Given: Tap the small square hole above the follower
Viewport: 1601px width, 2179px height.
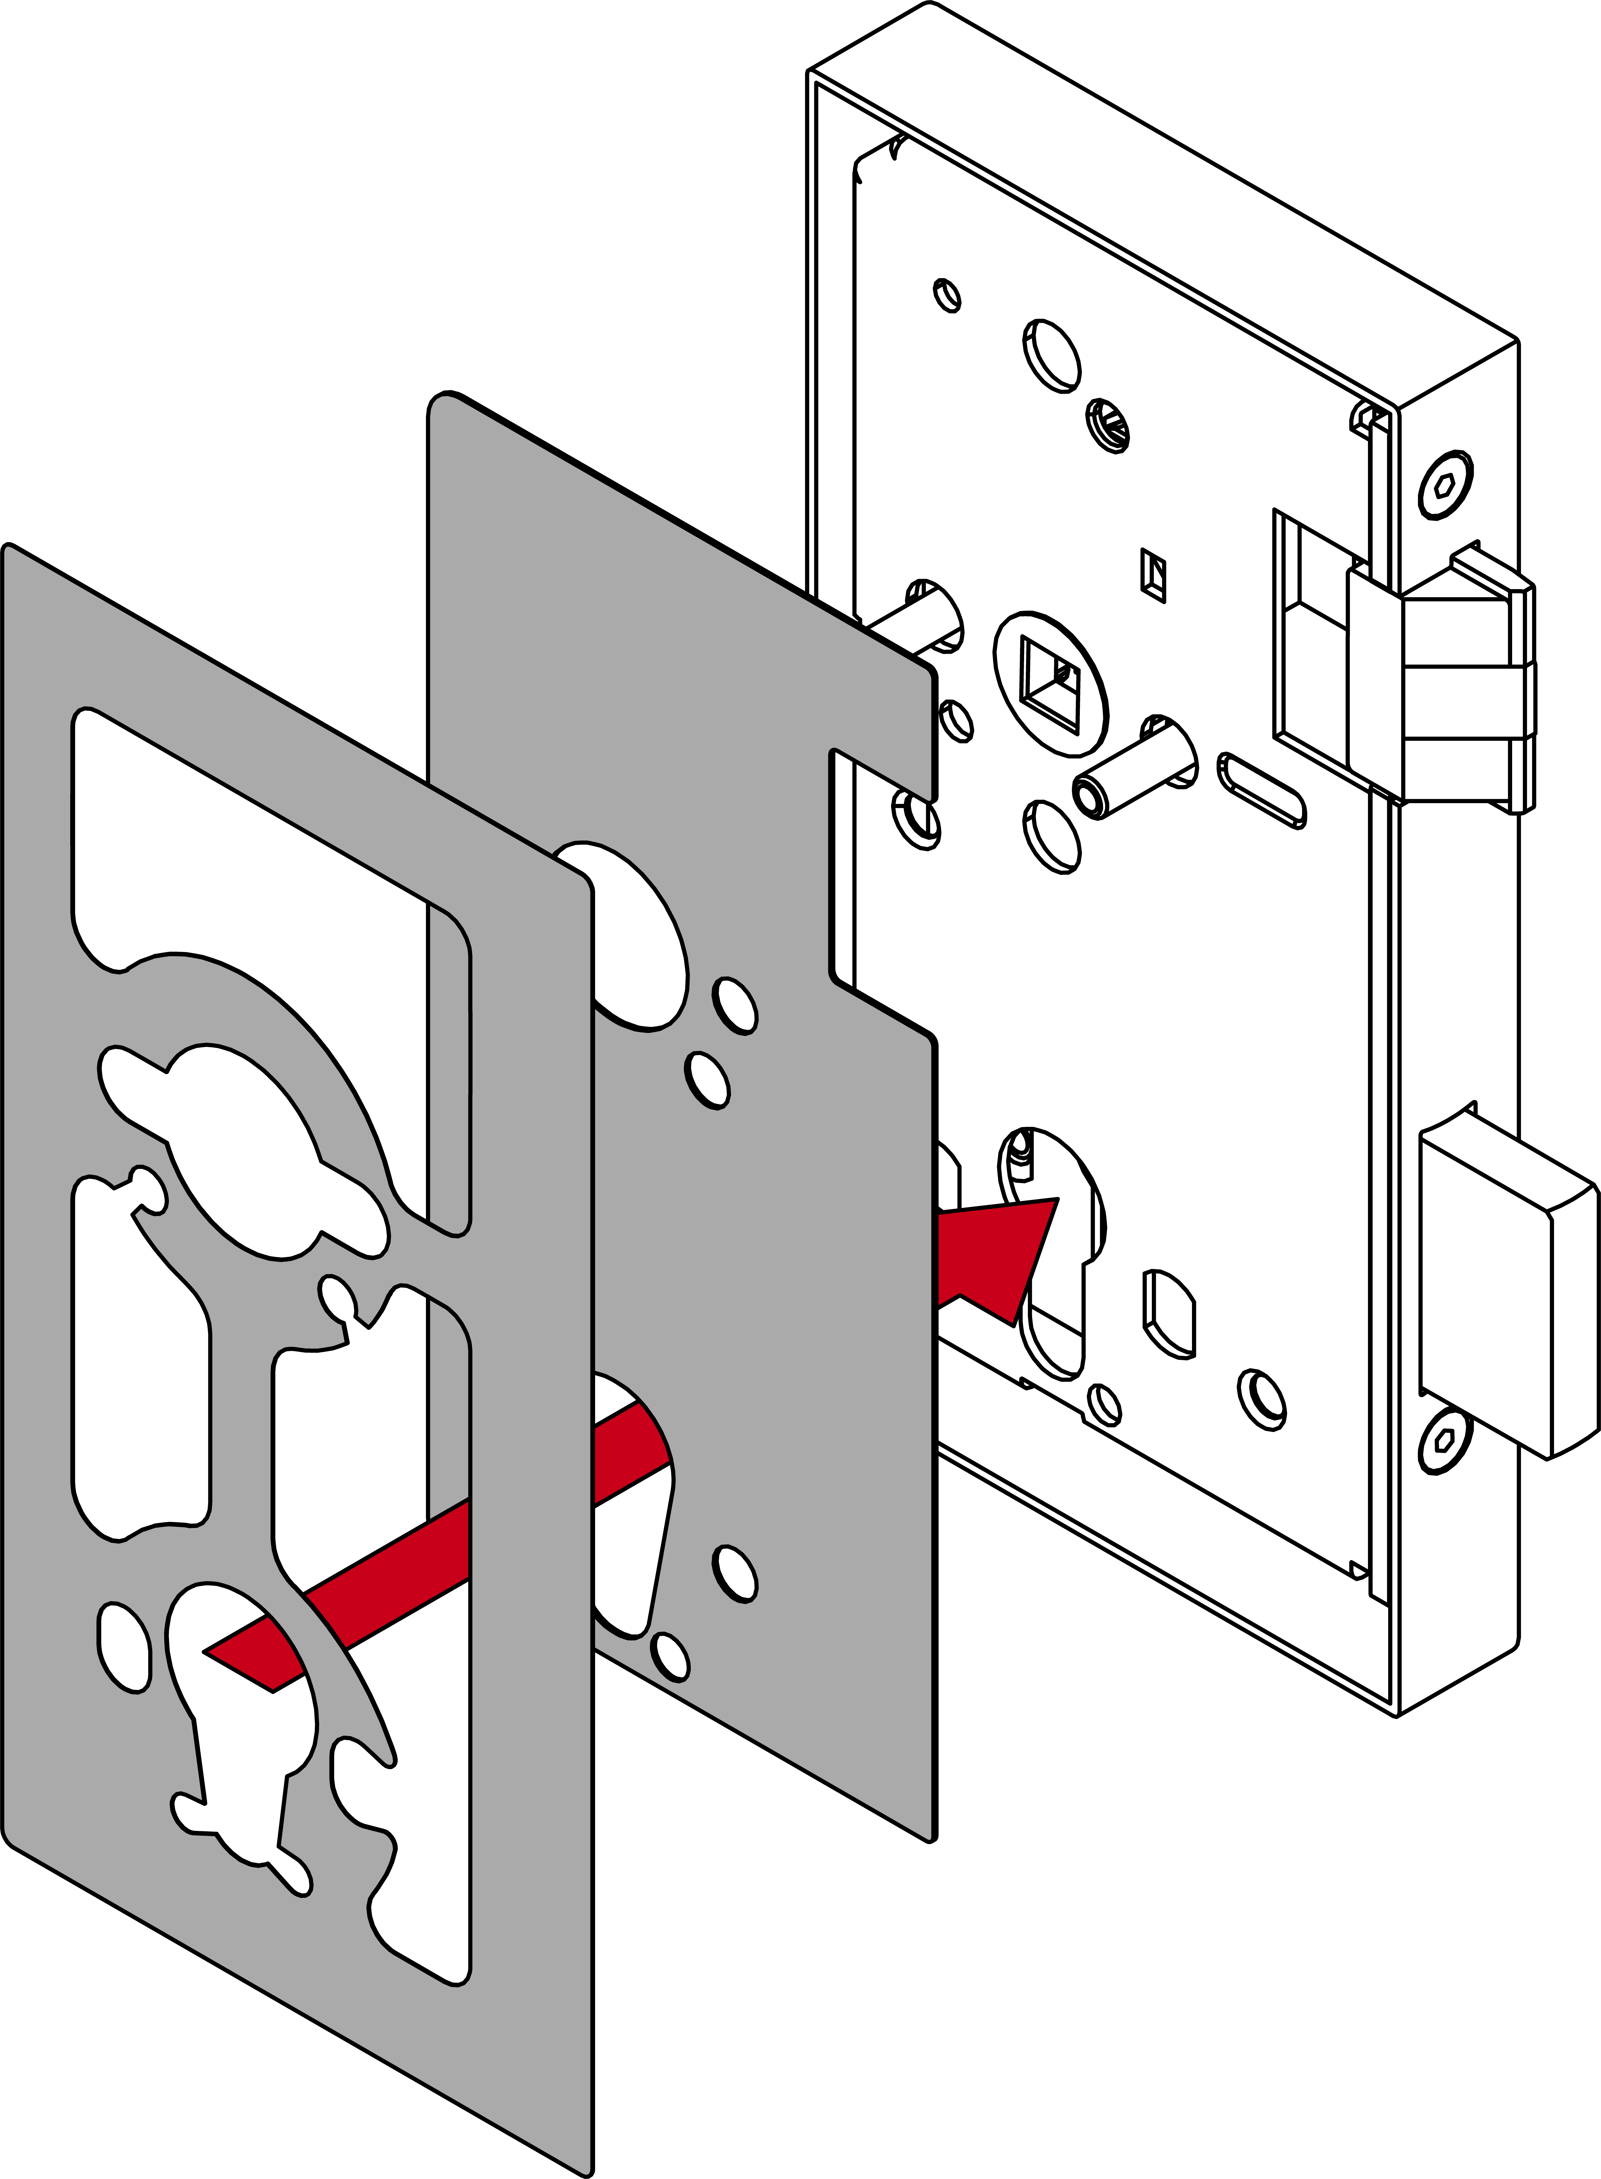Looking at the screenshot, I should point(1153,574).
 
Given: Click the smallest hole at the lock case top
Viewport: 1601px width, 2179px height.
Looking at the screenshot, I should point(947,295).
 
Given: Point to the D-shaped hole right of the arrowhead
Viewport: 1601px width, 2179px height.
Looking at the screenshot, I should point(1169,1313).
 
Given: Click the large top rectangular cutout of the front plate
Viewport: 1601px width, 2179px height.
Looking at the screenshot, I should point(262,853).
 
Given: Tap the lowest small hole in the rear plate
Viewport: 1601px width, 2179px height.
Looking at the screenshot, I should point(671,1657).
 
